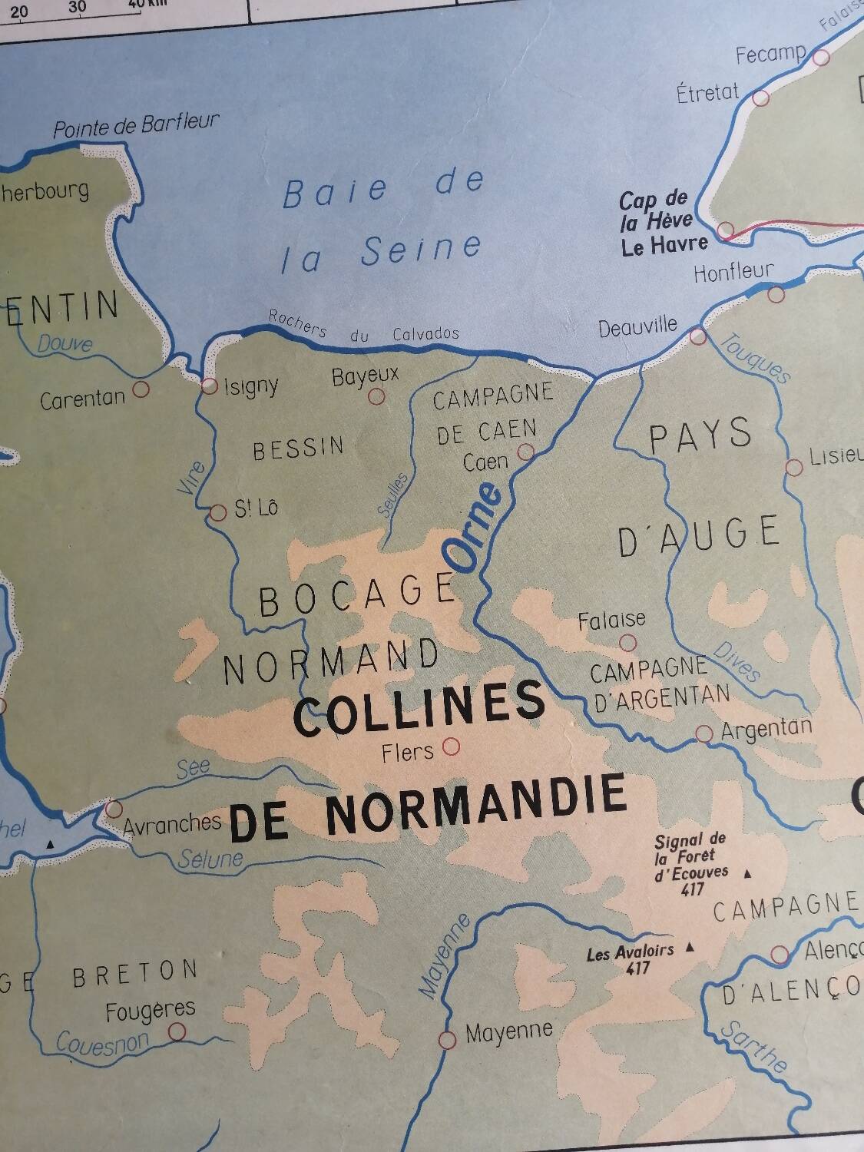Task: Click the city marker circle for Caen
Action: pos(526,452)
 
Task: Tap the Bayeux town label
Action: pos(365,376)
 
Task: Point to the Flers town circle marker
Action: pos(452,746)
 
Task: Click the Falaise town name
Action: pos(611,619)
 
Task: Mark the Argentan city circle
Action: pos(704,733)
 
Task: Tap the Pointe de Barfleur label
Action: pos(136,125)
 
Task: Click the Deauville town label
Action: pos(637,328)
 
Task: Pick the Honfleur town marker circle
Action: pos(776,294)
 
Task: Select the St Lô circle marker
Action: pos(218,512)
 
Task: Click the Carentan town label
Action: pos(82,399)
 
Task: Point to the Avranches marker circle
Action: pos(114,809)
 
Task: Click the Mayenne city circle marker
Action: pos(447,1040)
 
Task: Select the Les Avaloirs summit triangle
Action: pos(689,947)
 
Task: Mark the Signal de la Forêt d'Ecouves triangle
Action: pos(747,874)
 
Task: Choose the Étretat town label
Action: pos(707,93)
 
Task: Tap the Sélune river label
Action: pos(210,859)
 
